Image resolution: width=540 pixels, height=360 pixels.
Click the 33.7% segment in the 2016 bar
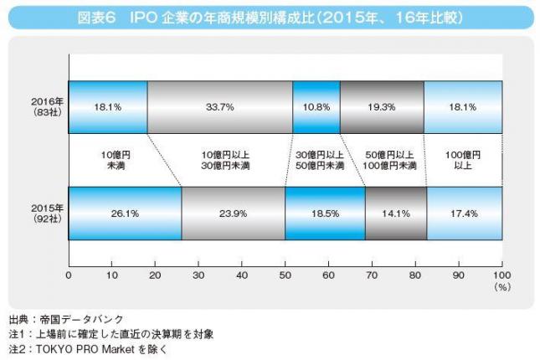(x=220, y=106)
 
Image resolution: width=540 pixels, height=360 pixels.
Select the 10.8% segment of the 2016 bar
(x=316, y=106)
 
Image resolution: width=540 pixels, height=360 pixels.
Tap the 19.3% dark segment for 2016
(x=382, y=106)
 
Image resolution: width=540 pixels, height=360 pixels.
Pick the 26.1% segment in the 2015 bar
(x=124, y=213)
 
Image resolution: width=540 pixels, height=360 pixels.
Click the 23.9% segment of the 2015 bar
(x=233, y=213)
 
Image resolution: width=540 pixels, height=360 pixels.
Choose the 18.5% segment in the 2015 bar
(x=325, y=213)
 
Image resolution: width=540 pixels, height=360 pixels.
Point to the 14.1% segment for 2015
(x=396, y=213)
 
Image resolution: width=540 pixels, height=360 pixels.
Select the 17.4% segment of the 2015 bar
(x=464, y=213)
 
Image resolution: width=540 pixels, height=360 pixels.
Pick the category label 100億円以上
(x=463, y=160)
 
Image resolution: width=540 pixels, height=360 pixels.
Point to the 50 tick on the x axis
(x=285, y=275)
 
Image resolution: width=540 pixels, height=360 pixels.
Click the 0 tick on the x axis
(x=69, y=275)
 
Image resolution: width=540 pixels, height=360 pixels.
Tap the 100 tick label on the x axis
(x=501, y=275)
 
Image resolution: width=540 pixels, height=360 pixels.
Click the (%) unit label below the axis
(x=502, y=287)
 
